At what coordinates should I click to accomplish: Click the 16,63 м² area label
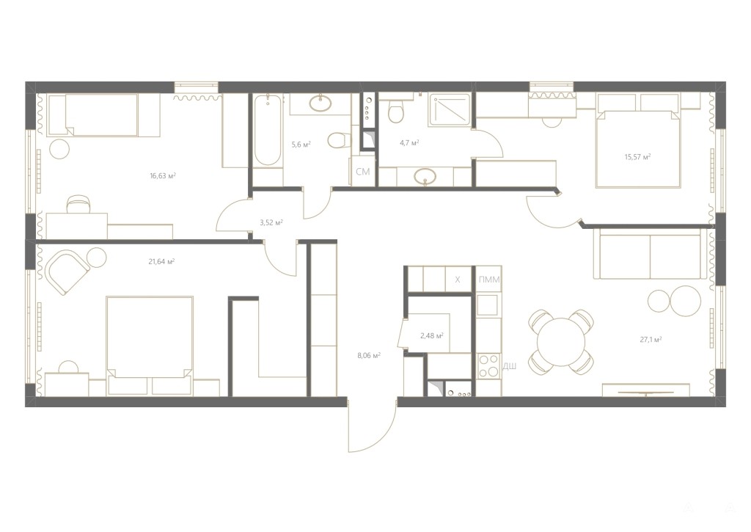click(x=163, y=176)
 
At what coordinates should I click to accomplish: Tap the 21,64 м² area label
click(x=161, y=262)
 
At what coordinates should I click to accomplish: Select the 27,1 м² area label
click(x=651, y=339)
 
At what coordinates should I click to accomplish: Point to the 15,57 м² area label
click(x=637, y=157)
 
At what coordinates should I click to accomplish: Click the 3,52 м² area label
click(x=271, y=222)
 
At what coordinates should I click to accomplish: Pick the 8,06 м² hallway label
click(x=369, y=356)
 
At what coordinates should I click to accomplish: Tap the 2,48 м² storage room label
click(x=431, y=335)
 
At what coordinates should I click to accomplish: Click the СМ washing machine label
click(x=362, y=172)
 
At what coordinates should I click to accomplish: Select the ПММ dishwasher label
click(x=489, y=280)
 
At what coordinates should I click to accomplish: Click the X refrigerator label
click(x=458, y=280)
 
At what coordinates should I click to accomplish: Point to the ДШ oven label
click(x=510, y=367)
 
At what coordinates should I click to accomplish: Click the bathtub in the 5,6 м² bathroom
click(x=267, y=131)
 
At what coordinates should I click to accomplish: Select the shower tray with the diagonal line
click(x=450, y=110)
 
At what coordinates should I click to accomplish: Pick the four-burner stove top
click(x=488, y=366)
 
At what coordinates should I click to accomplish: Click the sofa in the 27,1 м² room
click(x=650, y=253)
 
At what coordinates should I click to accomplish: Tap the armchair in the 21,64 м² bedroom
click(x=67, y=272)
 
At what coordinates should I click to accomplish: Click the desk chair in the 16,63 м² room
click(x=78, y=204)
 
